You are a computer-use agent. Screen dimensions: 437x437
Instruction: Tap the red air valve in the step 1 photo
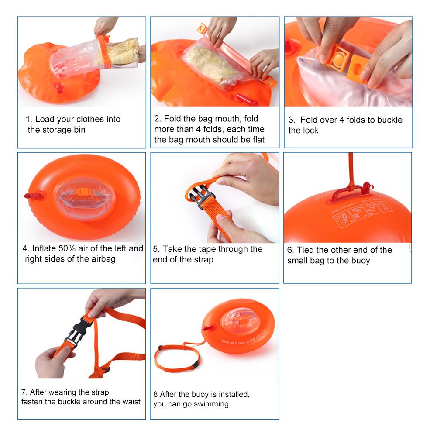pos(58,87)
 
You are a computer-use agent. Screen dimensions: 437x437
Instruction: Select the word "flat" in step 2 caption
pos(257,140)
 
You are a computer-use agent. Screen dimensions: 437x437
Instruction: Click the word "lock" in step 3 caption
pos(310,131)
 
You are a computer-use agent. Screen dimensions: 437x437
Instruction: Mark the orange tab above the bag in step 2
pos(202,30)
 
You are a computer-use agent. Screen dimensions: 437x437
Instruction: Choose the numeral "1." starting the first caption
pos(29,119)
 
